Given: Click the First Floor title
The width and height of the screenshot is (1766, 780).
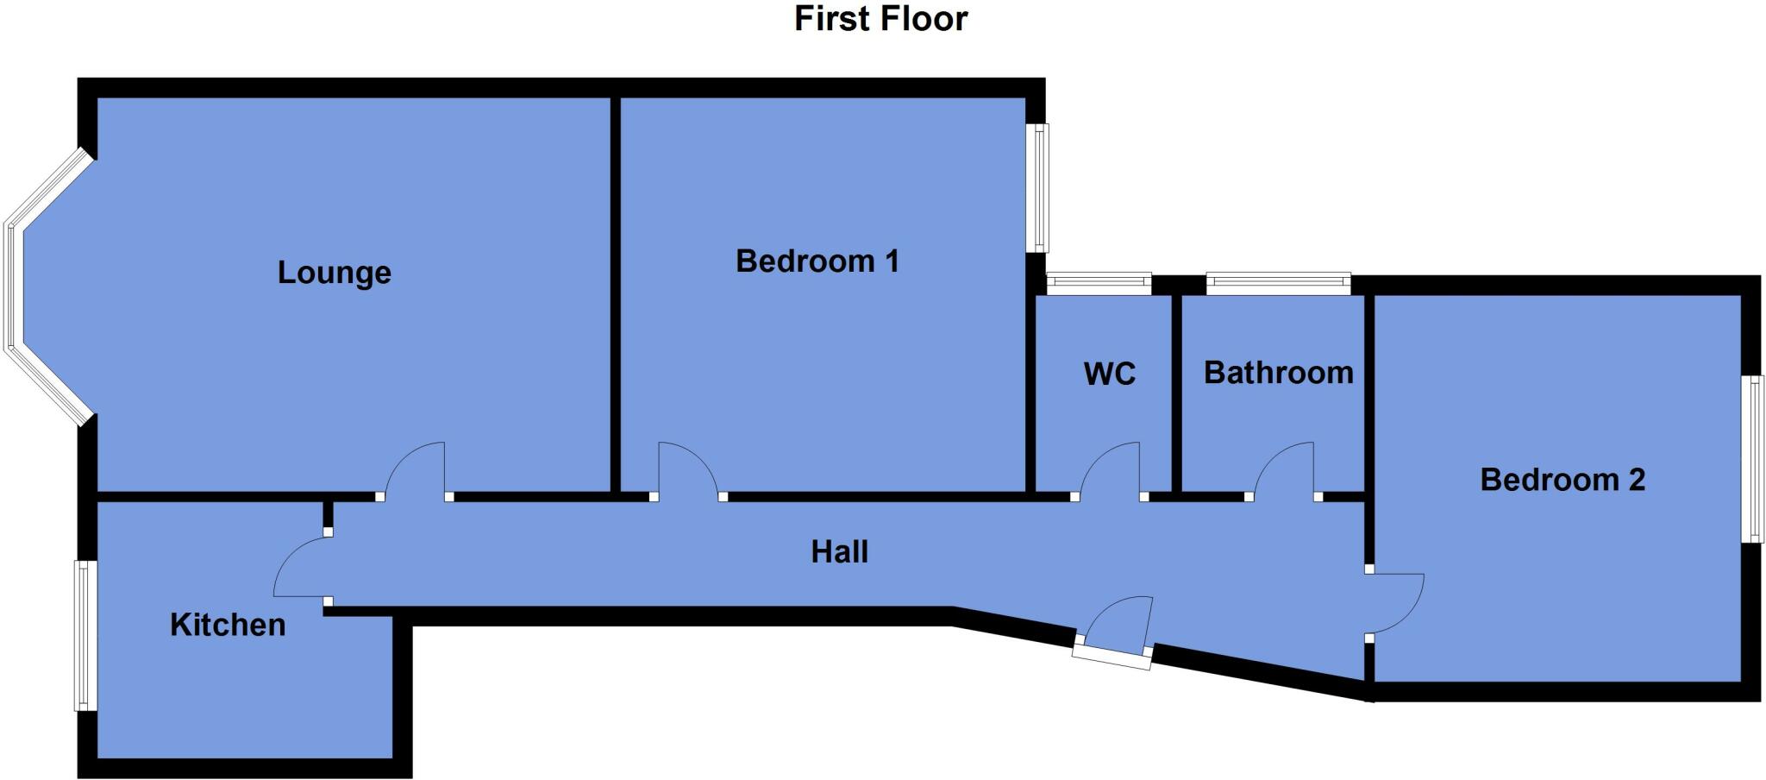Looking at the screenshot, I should click(x=880, y=19).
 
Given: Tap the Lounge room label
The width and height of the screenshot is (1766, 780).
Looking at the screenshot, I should click(x=335, y=273).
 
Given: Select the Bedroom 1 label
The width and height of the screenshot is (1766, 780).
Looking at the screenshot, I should click(x=817, y=261).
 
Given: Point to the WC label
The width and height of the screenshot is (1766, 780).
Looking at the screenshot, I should click(x=1109, y=374).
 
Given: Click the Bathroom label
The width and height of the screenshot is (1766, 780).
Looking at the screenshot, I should click(x=1278, y=373).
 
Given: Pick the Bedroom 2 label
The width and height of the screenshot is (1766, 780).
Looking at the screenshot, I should click(x=1562, y=480).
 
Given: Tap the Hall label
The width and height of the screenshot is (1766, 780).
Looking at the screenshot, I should click(x=839, y=552).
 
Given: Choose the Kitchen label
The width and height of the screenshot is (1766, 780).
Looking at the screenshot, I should click(x=228, y=625).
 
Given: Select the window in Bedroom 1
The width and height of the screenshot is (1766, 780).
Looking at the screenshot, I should click(x=1042, y=188).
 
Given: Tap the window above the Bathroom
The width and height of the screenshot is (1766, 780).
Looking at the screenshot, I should click(x=1278, y=283).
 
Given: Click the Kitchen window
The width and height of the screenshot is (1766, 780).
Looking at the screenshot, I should click(x=85, y=636).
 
